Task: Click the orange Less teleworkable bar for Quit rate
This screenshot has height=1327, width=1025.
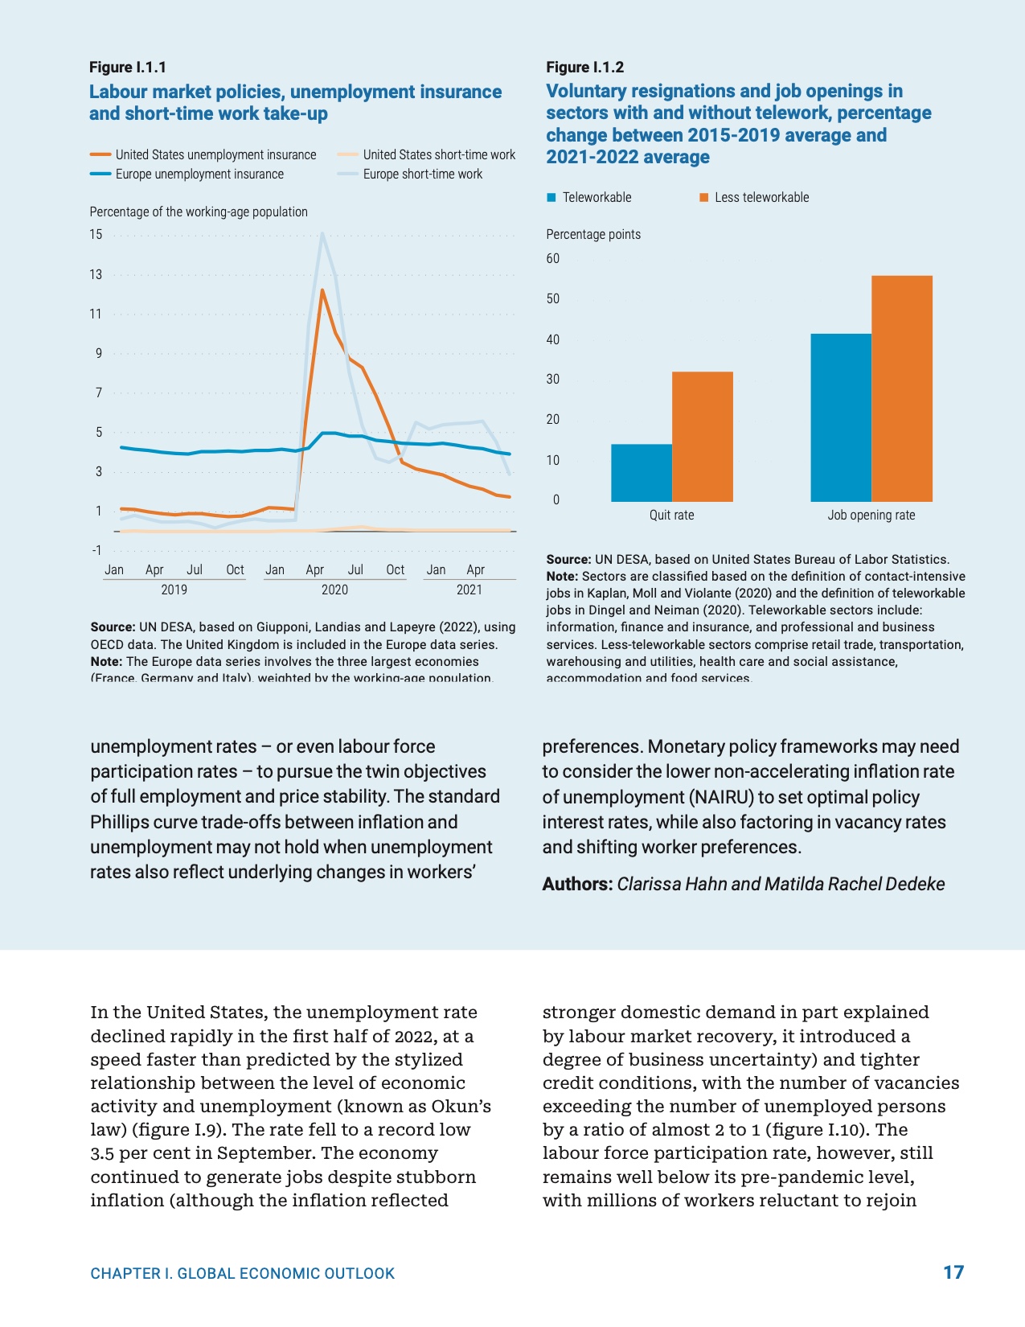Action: (702, 437)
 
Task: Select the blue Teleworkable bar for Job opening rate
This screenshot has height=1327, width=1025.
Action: (840, 417)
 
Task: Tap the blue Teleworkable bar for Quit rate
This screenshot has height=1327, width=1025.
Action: (641, 473)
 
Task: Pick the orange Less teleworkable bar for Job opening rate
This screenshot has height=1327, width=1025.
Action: (902, 388)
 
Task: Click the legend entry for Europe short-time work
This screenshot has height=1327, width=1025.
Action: (421, 174)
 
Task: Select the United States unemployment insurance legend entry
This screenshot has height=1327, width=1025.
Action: (215, 154)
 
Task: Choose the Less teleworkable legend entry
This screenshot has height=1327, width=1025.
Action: (761, 197)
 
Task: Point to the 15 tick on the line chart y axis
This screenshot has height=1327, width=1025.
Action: (96, 235)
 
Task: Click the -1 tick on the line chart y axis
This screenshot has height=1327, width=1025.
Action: (96, 550)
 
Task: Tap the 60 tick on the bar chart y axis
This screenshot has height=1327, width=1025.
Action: (552, 258)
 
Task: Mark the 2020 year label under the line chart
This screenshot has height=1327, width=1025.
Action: (334, 590)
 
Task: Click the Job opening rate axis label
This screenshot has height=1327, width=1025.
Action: (871, 515)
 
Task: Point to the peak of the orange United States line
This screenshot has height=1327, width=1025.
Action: (322, 290)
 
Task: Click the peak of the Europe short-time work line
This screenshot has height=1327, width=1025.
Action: (322, 234)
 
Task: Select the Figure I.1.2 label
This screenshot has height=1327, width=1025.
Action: (584, 68)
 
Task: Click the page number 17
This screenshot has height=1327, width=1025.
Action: (953, 1272)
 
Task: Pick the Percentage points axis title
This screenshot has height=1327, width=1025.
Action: (593, 234)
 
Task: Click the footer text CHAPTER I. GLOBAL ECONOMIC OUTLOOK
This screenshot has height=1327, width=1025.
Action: (242, 1273)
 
